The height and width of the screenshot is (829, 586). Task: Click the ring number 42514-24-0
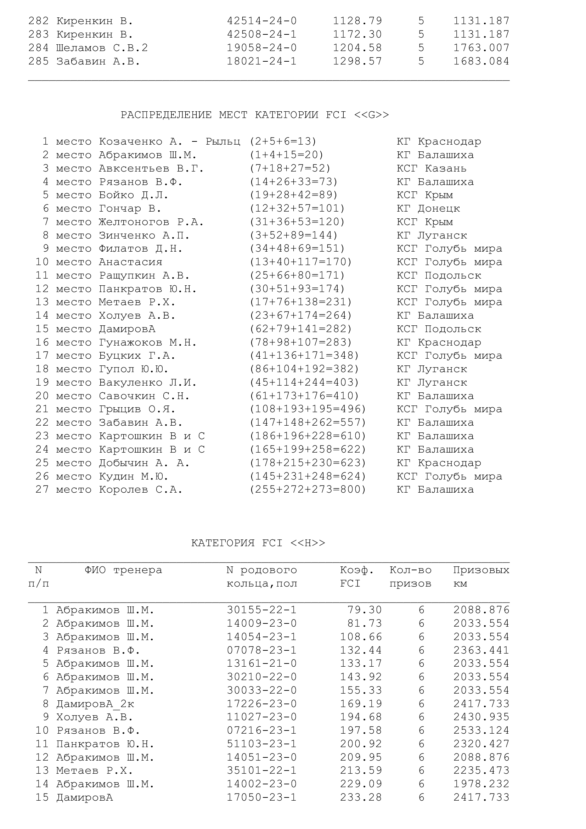261,21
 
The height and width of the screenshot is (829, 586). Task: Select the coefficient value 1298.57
357,61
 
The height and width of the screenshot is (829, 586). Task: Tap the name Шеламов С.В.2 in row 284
102,48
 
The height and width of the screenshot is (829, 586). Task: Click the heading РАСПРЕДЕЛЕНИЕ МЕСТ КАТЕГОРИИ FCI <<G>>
255,115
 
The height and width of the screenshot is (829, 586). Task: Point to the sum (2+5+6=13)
283,141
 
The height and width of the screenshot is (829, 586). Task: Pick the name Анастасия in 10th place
131,262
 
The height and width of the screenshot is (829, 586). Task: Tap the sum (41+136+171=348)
304,355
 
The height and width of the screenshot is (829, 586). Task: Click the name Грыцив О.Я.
137,409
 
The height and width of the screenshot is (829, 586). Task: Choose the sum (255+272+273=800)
308,489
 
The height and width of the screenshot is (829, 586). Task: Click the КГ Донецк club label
428,208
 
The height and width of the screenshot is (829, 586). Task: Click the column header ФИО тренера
123,571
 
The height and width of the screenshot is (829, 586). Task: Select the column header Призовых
481,571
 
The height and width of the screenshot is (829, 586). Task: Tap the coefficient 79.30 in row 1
365,610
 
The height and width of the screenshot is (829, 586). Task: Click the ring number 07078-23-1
261,650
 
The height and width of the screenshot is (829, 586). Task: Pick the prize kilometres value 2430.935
481,717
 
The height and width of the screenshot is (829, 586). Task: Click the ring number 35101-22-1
261,771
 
